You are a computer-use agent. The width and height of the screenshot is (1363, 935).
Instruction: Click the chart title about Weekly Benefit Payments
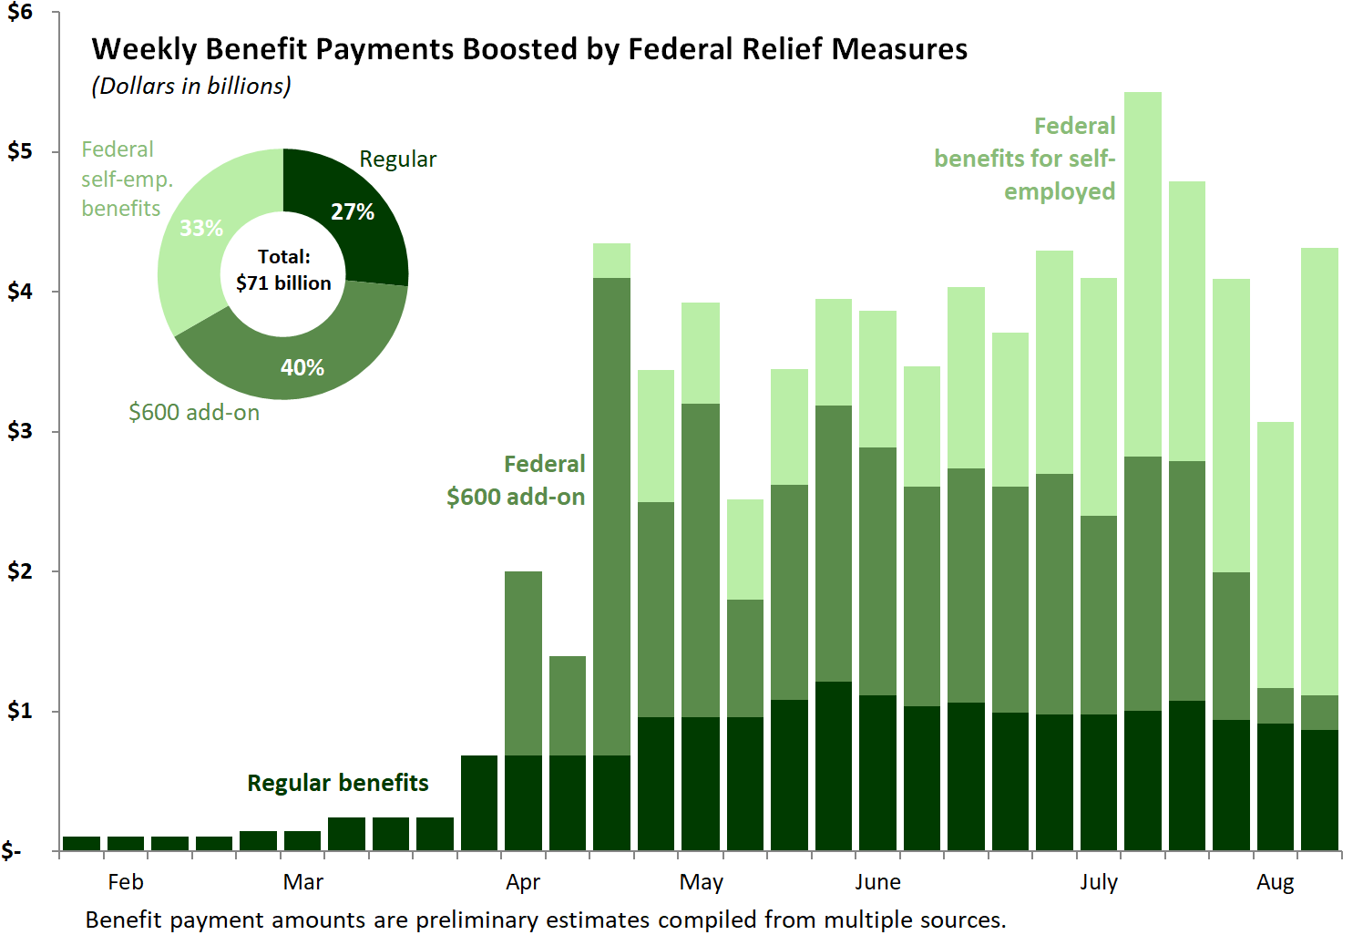[x=529, y=49]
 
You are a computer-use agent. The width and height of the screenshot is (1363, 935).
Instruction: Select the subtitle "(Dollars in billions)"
[x=191, y=86]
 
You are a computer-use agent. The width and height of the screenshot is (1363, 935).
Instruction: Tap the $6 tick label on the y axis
[x=19, y=13]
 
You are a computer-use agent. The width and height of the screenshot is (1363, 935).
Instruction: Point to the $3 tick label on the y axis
[x=19, y=431]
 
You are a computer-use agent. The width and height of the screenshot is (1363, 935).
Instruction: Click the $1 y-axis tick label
[x=19, y=711]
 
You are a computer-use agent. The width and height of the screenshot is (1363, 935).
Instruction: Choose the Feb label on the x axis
[x=126, y=882]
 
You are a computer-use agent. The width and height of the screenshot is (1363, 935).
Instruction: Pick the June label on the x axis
[x=877, y=882]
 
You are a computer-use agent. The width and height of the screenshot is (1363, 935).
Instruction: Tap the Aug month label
[x=1275, y=882]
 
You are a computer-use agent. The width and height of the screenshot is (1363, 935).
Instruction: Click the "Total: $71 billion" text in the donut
[x=283, y=270]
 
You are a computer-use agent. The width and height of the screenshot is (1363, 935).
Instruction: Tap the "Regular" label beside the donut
[x=398, y=159]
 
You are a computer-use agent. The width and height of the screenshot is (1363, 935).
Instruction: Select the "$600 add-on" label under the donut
[x=194, y=413]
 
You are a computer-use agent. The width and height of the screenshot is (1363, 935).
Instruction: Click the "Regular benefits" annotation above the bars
[x=338, y=783]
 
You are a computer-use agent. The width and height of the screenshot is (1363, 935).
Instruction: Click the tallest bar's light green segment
[x=1143, y=273]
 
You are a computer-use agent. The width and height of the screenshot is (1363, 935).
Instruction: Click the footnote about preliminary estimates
[x=546, y=920]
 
